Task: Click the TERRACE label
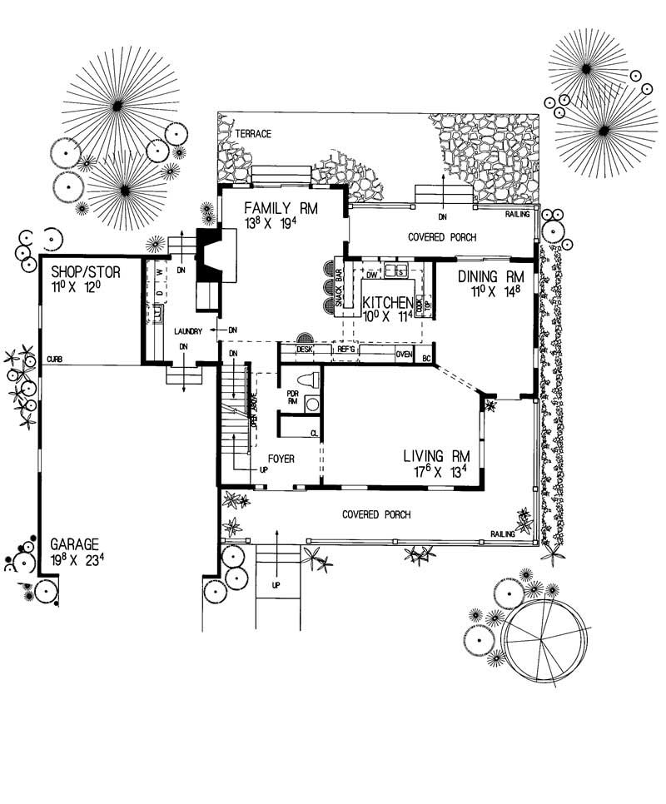253,134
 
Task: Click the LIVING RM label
436,456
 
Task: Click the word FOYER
283,459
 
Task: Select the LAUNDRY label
189,330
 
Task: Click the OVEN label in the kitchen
404,354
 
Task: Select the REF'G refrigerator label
347,350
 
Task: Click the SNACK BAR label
340,290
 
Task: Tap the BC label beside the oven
426,359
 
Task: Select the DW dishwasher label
372,272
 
